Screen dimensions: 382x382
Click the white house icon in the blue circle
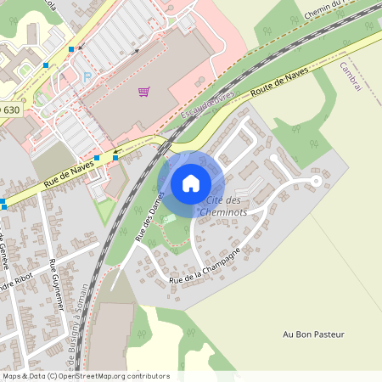point(191,183)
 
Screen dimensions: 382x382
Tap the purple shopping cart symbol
point(143,92)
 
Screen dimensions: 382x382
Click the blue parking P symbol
point(87,76)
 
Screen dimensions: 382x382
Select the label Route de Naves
point(278,85)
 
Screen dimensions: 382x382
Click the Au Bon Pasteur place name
point(314,334)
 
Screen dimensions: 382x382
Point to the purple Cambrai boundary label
point(351,76)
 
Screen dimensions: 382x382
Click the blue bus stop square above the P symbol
point(71,50)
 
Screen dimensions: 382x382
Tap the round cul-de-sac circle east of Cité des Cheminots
point(316,180)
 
